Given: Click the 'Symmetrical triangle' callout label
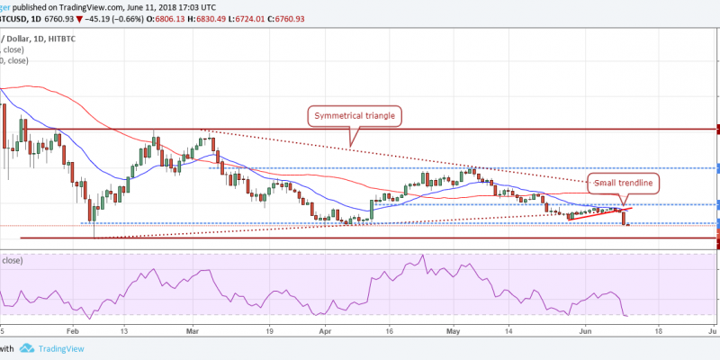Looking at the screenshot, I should [355, 115].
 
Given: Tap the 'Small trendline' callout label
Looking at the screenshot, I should [624, 182].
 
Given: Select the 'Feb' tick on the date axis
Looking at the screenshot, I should [73, 330].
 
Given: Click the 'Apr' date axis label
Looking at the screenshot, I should [323, 330].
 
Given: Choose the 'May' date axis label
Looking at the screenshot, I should [454, 330].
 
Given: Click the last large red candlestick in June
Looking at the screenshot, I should [625, 216].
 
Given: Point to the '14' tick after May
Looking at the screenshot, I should [508, 330].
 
